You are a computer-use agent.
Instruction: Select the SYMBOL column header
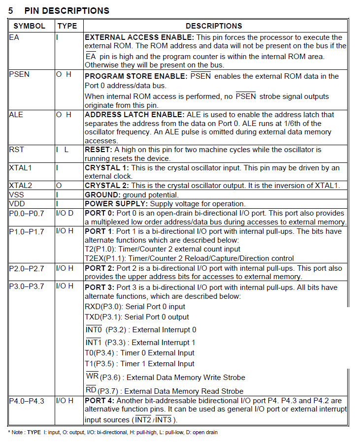(29, 26)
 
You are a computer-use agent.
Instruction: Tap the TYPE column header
(67, 26)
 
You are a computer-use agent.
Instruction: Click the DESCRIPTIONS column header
(214, 26)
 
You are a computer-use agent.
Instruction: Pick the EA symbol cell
(14, 37)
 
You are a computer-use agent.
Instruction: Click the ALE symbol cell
(16, 115)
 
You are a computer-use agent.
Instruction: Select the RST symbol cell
(16, 149)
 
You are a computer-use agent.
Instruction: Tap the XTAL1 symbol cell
(20, 168)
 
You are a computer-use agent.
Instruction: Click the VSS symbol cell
(17, 194)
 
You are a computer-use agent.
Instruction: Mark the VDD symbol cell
(17, 204)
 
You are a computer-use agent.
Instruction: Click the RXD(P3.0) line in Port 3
(135, 307)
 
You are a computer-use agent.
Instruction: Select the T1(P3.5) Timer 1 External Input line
(140, 364)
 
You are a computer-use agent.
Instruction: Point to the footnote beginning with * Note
(113, 432)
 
